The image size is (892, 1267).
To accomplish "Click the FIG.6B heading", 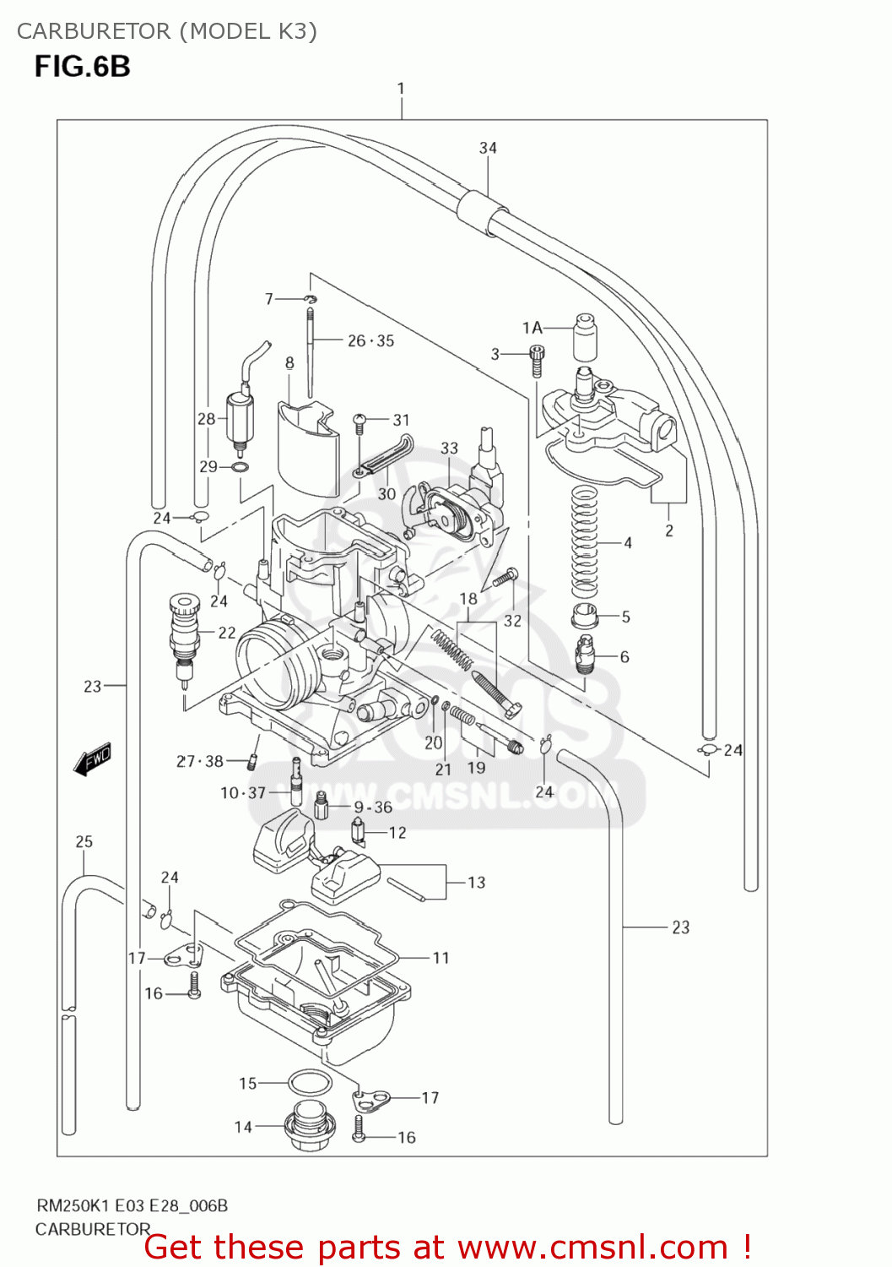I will (x=82, y=66).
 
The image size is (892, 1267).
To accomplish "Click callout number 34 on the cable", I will (x=488, y=148).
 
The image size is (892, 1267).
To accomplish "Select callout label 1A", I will (x=532, y=328).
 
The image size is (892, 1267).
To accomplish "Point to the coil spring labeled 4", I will (x=584, y=541).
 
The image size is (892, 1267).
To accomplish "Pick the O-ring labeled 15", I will (x=310, y=1083).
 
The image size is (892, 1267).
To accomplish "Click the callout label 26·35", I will (x=370, y=340).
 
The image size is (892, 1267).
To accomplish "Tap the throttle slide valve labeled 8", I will (x=307, y=448).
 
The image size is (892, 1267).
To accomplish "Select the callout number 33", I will (x=449, y=448).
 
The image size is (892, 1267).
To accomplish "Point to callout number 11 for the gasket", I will (x=441, y=958).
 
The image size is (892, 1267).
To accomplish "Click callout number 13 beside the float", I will (x=476, y=883).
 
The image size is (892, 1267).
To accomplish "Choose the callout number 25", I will (x=84, y=841).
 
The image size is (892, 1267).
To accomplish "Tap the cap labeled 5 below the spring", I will (x=584, y=616).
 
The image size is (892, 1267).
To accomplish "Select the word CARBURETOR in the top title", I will (x=93, y=31).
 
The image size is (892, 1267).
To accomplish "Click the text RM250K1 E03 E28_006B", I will (x=131, y=1205).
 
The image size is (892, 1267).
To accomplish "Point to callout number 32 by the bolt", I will (x=512, y=621).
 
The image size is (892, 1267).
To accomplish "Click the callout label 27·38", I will (x=200, y=761).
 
